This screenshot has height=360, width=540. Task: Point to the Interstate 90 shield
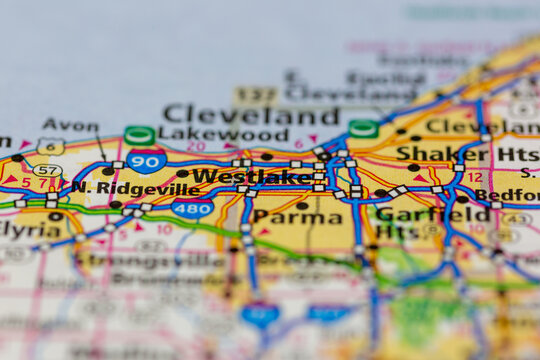click(x=147, y=160)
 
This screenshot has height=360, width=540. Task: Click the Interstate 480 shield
click(x=192, y=208)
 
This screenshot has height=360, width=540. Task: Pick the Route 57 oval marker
click(x=47, y=170)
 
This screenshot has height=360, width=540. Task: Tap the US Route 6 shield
click(x=51, y=146)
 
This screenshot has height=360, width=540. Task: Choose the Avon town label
click(x=70, y=126)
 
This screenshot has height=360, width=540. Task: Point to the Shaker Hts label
click(x=467, y=153)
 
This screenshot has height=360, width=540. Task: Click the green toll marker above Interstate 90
click(x=139, y=135)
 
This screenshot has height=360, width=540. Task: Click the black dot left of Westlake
click(x=182, y=174)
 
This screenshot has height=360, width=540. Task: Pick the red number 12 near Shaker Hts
click(x=475, y=176)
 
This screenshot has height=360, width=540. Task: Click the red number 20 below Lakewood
click(x=196, y=145)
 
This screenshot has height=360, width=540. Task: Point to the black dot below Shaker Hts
click(x=413, y=168)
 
